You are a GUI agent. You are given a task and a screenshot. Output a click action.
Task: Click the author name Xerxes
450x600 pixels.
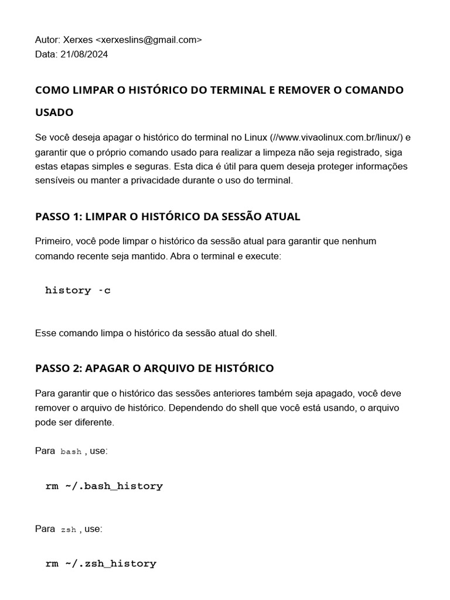click(77, 40)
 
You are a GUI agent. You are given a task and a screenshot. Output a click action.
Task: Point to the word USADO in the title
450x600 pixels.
click(54, 112)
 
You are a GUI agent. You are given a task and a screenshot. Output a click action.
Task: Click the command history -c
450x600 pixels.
click(77, 291)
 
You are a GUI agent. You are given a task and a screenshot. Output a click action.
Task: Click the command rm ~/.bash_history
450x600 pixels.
click(104, 486)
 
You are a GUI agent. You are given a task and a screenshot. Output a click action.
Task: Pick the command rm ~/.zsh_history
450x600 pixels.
click(101, 564)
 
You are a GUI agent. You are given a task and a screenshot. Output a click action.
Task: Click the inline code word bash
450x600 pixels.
click(71, 452)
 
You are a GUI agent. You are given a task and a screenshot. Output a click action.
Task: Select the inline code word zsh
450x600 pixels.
click(69, 530)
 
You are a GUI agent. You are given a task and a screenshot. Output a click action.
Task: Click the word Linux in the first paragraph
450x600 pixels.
click(255, 138)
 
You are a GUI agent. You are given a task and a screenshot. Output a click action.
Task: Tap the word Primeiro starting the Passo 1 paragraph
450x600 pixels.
click(53, 241)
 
